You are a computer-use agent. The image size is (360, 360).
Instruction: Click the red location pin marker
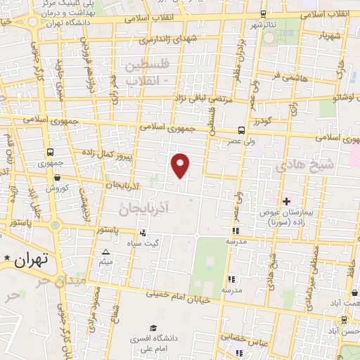click(181, 165)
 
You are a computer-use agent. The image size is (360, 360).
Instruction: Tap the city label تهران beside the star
click(31, 259)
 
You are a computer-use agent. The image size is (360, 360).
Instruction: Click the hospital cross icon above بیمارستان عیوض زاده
click(286, 201)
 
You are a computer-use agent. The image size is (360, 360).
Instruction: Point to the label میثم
click(106, 262)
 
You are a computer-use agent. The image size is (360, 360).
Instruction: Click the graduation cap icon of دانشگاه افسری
click(153, 328)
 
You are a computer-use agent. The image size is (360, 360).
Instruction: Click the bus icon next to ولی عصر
click(241, 130)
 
